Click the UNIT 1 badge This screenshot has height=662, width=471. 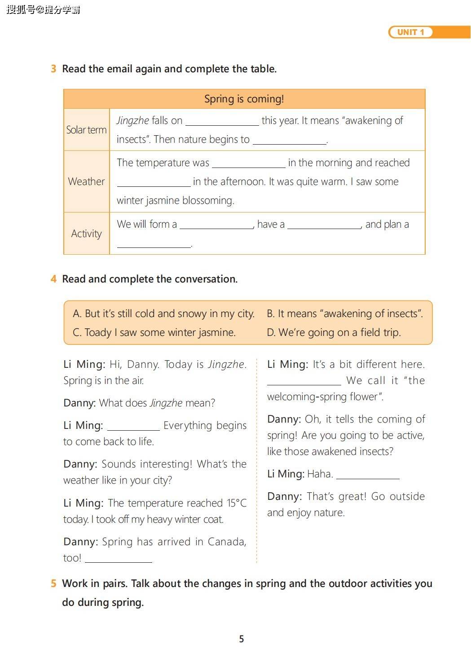pos(410,32)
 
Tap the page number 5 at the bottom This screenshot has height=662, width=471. pos(242,639)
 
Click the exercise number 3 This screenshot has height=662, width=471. pos(53,69)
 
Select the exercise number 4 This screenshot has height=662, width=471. pos(53,279)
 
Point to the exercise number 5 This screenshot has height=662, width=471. pos(53,583)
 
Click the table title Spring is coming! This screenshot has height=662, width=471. pos(244,99)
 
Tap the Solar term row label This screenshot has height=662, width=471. pos(86,130)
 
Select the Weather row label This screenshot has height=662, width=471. pos(86,181)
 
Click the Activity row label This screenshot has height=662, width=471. pos(86,234)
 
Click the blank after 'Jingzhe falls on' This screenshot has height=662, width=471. pos(222,121)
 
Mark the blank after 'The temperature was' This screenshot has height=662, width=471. pos(248,163)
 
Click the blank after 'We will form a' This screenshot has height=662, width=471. pos(216,225)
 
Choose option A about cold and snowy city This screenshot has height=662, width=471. pos(163,313)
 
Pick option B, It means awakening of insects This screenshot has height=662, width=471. pos(344,313)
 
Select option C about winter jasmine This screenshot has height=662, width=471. pos(154,332)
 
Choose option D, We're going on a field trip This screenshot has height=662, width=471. pos(334,332)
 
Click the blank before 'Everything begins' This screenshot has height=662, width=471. pos(133,426)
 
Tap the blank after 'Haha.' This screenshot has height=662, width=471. pos(368,475)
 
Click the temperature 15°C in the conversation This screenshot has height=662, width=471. pos(237,503)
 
